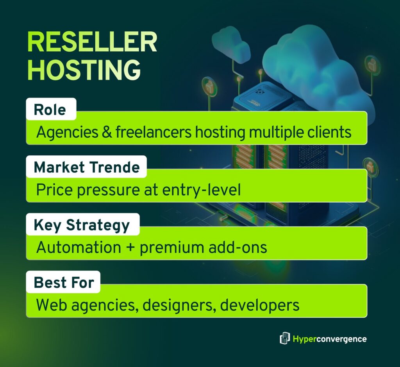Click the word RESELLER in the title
pyautogui.click(x=92, y=43)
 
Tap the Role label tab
pyautogui.click(x=50, y=110)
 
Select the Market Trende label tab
pyautogui.click(x=86, y=167)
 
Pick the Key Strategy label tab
pyautogui.click(x=81, y=225)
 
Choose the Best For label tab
pyautogui.click(x=64, y=282)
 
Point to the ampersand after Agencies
pyautogui.click(x=105, y=132)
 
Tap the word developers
pyautogui.click(x=260, y=305)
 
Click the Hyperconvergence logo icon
pyautogui.click(x=284, y=338)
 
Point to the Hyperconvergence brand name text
pyautogui.click(x=329, y=339)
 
